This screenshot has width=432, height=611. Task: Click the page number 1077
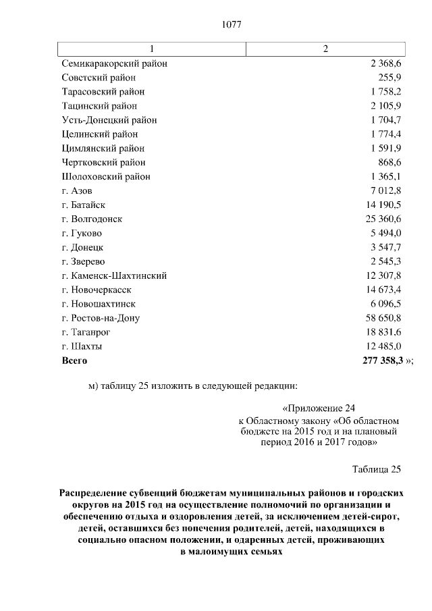232,25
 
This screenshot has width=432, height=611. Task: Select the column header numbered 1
151,49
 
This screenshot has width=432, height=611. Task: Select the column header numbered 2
326,49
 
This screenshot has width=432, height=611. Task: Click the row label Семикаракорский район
114,63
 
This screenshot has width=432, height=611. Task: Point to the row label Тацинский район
99,106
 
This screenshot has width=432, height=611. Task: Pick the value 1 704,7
386,120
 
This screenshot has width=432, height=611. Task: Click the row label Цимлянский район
103,149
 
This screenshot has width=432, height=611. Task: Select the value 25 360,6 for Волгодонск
383,219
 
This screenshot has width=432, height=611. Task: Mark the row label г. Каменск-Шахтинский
114,275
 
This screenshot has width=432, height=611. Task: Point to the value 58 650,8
383,317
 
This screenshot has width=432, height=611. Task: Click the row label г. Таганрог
86,332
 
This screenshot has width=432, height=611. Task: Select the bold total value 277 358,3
382,361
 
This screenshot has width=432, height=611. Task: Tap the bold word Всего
75,361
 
